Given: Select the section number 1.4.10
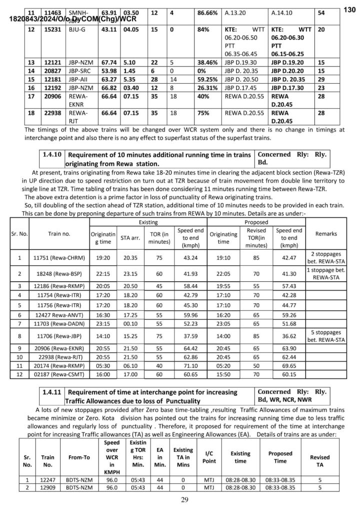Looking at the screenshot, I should [x=52, y=155].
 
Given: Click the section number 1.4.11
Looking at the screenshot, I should [x=52, y=392].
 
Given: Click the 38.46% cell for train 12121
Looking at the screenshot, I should [x=207, y=63].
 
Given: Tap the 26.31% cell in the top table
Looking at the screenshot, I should [x=207, y=87].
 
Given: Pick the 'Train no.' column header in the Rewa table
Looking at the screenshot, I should [x=59, y=234].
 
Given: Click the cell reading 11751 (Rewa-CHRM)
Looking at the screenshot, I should [x=59, y=258].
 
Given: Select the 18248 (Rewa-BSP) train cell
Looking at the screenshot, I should [x=59, y=274].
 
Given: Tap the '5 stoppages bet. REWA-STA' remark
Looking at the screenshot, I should [x=326, y=336].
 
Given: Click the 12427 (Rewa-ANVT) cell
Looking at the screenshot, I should [x=59, y=315].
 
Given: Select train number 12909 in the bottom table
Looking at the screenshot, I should [x=48, y=487].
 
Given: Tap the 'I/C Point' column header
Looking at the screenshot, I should [x=209, y=457].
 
